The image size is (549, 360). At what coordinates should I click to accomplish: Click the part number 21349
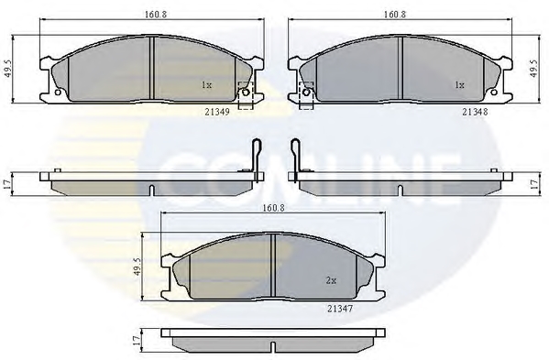click(x=217, y=112)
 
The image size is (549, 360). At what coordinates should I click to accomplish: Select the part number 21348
click(x=475, y=112)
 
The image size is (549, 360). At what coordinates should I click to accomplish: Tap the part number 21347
click(x=340, y=309)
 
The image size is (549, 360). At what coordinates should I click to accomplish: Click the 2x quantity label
click(x=331, y=280)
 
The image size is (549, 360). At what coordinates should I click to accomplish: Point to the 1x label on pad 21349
click(x=206, y=84)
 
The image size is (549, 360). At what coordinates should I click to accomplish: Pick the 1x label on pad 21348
click(x=459, y=84)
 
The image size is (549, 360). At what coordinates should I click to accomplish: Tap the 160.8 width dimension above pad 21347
click(x=273, y=208)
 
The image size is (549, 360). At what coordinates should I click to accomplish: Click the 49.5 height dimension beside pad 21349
click(x=8, y=69)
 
